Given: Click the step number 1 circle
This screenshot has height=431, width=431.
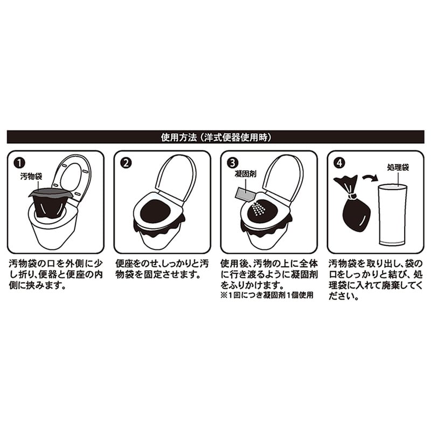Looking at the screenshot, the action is [19, 163].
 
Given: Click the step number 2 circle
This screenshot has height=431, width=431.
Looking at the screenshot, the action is [126, 163].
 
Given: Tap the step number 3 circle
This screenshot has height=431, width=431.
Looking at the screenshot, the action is [233, 163].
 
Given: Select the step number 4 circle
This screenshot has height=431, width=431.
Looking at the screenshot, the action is [339, 163].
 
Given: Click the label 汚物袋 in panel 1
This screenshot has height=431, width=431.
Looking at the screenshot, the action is [31, 176].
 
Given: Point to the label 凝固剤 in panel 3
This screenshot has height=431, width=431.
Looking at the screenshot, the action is [246, 174].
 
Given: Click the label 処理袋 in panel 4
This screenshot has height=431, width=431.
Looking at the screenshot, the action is [398, 167].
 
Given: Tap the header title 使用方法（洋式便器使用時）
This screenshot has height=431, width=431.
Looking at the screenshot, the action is [216, 137].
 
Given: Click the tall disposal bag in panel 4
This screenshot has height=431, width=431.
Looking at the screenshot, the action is [393, 214].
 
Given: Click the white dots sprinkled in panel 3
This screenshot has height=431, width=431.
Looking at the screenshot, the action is [258, 209].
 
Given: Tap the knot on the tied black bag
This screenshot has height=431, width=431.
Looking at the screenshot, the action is [352, 196].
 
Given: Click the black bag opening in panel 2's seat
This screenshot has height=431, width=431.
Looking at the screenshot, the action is [156, 211].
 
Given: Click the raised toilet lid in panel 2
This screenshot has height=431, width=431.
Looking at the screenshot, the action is [176, 178].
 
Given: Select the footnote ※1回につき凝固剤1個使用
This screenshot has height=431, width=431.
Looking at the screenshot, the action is [267, 295].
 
